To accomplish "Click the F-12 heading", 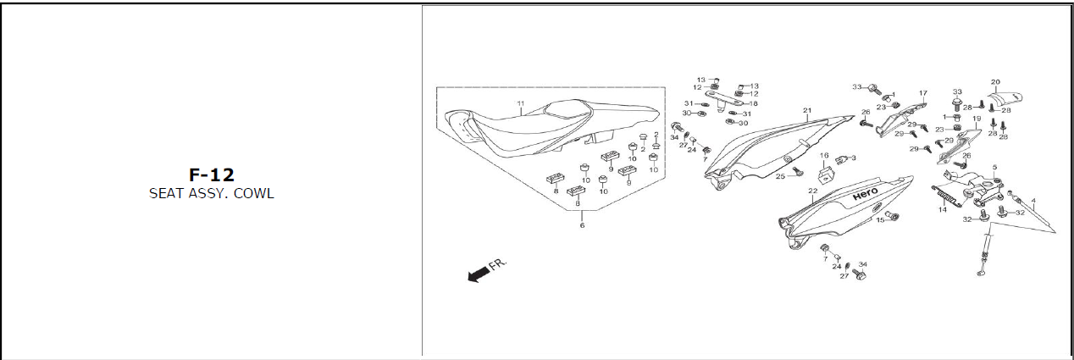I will click(x=212, y=175).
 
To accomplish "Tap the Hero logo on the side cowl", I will click(x=865, y=196).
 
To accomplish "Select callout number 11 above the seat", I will click(x=521, y=104).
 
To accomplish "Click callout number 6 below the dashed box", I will click(x=582, y=226).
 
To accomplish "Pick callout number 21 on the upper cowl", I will click(x=807, y=111).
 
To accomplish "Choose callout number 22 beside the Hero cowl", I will click(x=812, y=191).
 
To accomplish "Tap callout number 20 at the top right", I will click(x=995, y=81).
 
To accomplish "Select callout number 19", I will click(x=976, y=119).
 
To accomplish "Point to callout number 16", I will click(x=822, y=156).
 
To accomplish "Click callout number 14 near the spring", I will click(x=942, y=209).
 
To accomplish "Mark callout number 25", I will click(x=780, y=176).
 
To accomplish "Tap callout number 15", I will click(x=879, y=220).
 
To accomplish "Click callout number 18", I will click(x=753, y=103).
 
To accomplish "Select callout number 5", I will click(x=994, y=168).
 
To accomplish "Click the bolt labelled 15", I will click(x=893, y=218).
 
